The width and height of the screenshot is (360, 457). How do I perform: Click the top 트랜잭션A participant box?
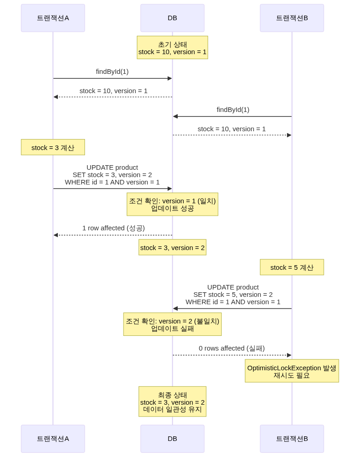click(53, 18)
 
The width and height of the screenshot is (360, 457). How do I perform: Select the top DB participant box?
click(172, 18)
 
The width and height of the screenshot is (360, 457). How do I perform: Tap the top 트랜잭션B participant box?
click(292, 18)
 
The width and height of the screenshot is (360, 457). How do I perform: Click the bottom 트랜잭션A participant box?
click(53, 438)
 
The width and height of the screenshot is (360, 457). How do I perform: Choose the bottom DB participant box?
click(172, 438)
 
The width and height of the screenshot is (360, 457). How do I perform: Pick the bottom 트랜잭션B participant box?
click(292, 438)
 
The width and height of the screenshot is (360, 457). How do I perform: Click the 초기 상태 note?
click(172, 48)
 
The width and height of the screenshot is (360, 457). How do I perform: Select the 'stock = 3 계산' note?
click(53, 148)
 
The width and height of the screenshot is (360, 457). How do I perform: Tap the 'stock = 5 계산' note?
click(292, 268)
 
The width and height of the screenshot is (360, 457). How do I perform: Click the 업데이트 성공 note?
click(172, 204)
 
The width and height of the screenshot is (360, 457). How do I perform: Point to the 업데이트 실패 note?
click(172, 324)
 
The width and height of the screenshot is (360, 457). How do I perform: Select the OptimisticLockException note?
click(292, 371)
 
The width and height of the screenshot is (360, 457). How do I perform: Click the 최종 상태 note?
click(172, 402)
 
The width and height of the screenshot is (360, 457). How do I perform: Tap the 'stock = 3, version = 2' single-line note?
click(172, 248)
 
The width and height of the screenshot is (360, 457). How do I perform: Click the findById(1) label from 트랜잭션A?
click(112, 72)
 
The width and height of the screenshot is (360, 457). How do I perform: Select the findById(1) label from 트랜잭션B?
click(233, 110)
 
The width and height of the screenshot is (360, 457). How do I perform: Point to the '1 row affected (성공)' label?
click(113, 228)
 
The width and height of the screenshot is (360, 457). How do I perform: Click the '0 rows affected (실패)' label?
click(231, 348)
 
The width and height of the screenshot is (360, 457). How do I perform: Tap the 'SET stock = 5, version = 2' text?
click(233, 295)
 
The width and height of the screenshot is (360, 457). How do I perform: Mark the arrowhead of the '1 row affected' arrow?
click(55, 235)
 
